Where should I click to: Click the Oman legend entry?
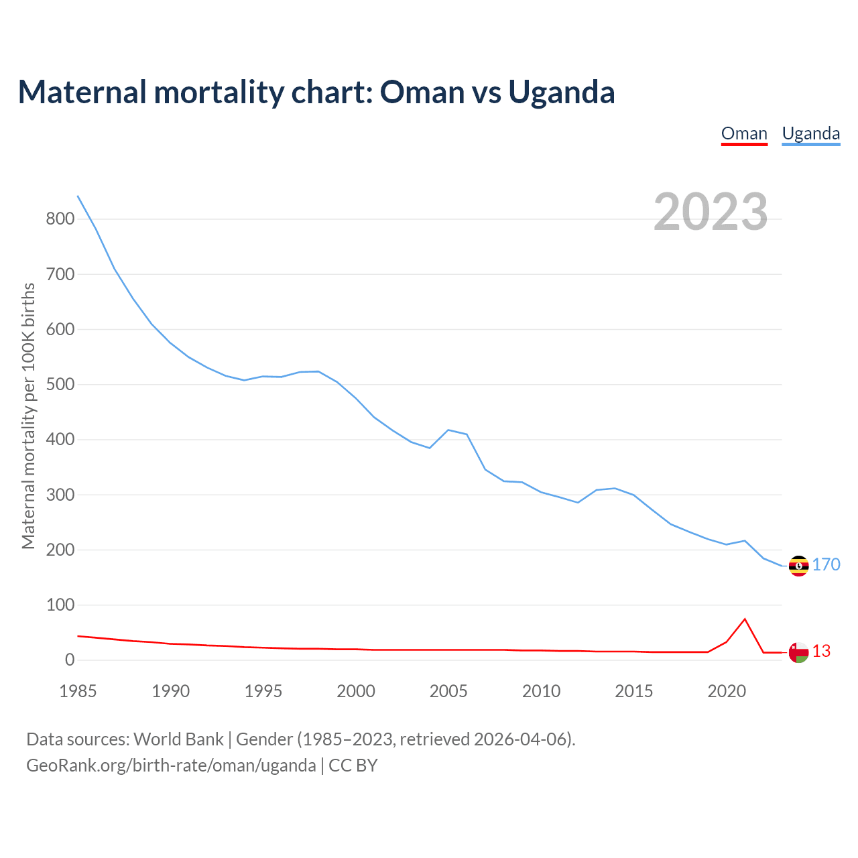pos(744,133)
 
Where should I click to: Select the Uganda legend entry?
pos(811,133)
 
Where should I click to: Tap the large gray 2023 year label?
pos(711,212)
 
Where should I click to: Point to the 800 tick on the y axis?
pos(60,219)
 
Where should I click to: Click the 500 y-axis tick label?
pos(60,385)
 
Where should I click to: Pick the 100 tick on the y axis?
pos(60,605)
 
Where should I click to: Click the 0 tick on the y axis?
pos(70,660)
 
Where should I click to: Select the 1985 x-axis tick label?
pos(78,691)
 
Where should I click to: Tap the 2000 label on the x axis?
pos(356,691)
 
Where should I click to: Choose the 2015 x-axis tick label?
pos(633,691)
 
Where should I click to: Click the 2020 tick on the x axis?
pos(727,691)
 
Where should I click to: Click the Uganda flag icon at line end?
pos(798,566)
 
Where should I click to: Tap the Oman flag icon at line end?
pos(798,652)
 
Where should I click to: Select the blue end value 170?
pos(826,565)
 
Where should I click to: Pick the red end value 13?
pos(822,652)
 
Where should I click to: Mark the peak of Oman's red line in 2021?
pos(745,619)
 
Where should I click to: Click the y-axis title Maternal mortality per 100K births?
pos(28,416)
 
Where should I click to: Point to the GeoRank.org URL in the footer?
pos(171,765)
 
